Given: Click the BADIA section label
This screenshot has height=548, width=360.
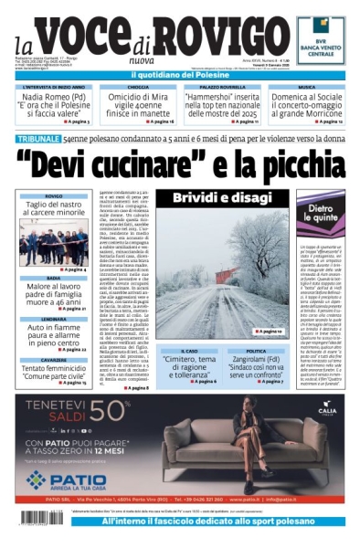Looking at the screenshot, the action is (x=53, y=278).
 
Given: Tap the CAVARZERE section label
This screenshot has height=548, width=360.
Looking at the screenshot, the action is (x=53, y=360).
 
